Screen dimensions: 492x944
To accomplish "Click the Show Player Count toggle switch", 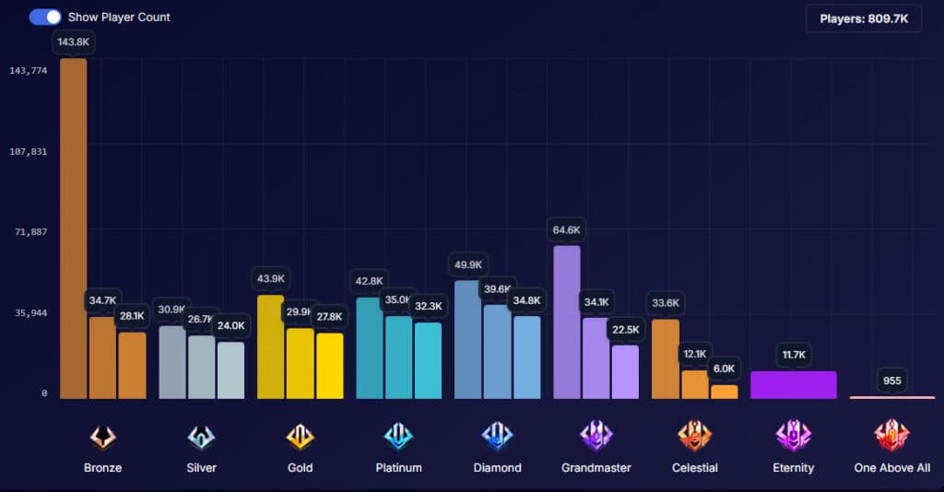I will point(45,17).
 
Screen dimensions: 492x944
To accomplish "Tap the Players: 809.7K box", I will point(864,18).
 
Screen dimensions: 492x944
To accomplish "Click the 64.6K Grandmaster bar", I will point(567,322).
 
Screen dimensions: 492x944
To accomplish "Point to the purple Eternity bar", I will point(793,385).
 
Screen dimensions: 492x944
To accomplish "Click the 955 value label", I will point(891,381).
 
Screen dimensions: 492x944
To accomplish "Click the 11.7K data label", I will point(793,355).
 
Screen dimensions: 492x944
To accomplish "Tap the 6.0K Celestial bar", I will point(725,392).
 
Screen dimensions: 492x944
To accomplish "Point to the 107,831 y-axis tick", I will point(30,151).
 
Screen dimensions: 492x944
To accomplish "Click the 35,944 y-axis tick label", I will point(30,313).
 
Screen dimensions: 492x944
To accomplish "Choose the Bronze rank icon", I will point(102,437).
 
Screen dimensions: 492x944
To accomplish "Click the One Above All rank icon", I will point(891,436).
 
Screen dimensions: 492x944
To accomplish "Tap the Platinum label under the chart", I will point(398,468).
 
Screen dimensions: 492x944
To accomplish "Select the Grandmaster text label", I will point(596,468).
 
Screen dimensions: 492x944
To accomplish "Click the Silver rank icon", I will point(201,437).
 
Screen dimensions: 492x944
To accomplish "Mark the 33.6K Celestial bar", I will point(666,359).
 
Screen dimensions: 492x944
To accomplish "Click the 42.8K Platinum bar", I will point(370,348).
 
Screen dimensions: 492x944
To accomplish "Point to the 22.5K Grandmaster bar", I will point(625,372).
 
